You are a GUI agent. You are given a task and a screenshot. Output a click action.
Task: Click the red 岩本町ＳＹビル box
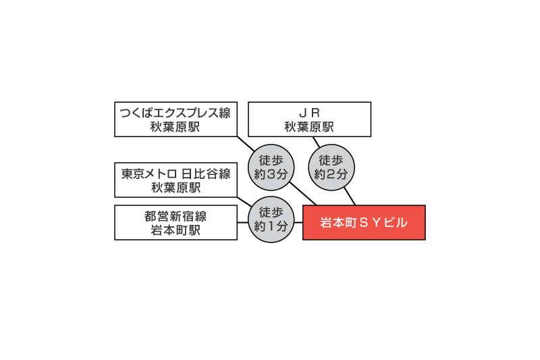pos(364,222)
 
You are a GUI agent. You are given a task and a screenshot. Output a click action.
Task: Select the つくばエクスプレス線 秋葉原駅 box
pos(175,119)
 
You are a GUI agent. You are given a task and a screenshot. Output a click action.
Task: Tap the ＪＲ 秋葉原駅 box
pos(310,119)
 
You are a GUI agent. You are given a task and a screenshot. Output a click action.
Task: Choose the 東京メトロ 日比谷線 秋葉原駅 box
pos(175,180)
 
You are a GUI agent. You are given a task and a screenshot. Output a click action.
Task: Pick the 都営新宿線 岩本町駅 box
pos(175,222)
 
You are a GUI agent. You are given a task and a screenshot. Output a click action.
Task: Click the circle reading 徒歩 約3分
pos(271,168)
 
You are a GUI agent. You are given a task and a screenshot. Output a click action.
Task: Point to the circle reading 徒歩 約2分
pos(331,168)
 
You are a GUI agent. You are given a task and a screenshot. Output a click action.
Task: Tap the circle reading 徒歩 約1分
pos(271,220)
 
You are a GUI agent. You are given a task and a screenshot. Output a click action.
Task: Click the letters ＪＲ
pos(310,113)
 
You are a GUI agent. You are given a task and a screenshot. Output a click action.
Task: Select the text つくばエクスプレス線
pos(175,113)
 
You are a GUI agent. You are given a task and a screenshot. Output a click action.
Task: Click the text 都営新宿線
pos(175,216)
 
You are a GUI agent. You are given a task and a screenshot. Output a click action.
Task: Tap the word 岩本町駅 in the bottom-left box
pos(175,230)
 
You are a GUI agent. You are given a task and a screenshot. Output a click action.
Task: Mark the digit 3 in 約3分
pos(271,174)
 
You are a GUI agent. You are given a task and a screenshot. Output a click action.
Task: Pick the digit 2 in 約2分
pos(331,174)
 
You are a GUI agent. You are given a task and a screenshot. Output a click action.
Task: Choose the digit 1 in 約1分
pos(271,226)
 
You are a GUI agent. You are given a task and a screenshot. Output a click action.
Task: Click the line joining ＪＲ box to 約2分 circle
pos(317,143)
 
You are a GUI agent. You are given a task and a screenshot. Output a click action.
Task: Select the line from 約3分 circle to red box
pos(302,194)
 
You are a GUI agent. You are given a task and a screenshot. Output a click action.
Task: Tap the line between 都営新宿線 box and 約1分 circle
pos(243,222)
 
